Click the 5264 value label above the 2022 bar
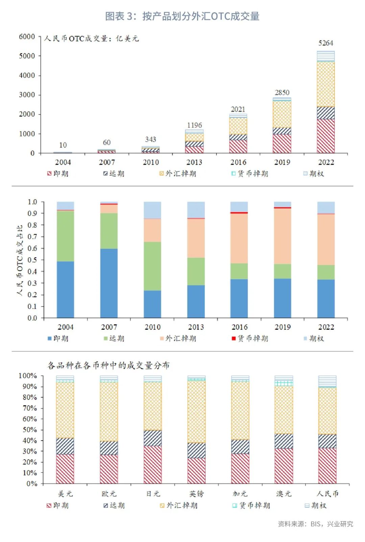tap(325, 43)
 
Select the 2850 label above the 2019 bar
tap(282, 93)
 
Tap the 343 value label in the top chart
tap(150, 139)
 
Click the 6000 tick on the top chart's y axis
tap(27, 36)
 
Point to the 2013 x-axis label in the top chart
tap(194, 162)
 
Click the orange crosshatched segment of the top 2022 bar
tap(326, 84)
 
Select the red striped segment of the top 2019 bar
tap(282, 144)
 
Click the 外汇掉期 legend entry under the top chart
tap(178, 174)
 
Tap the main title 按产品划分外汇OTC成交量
tap(182, 16)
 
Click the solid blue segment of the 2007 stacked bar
tap(109, 283)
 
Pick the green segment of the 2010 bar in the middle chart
tap(152, 266)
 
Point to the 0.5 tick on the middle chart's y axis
tap(32, 260)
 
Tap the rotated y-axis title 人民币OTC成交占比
tap(20, 260)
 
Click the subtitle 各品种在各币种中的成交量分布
tap(108, 365)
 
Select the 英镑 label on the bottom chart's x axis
tap(196, 494)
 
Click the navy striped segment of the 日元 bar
tap(152, 438)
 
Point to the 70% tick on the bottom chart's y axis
tap(30, 408)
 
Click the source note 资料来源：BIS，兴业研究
tap(315, 524)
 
